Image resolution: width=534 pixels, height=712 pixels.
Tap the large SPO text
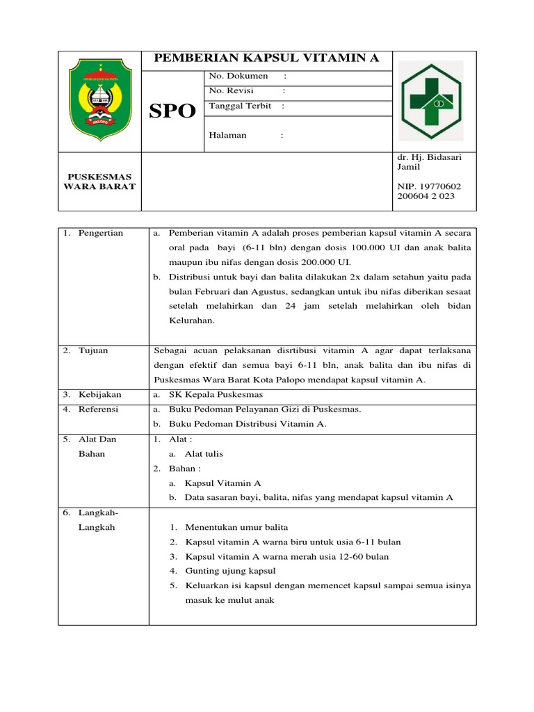[x=173, y=111]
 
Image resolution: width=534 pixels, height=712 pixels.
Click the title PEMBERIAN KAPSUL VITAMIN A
[x=266, y=59]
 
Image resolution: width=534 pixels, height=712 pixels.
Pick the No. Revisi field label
[x=232, y=91]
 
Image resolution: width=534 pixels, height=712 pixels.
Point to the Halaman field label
[x=227, y=135]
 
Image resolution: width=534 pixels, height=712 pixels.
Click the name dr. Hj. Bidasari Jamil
[x=428, y=162]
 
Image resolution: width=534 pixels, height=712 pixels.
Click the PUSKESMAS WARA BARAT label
[x=99, y=181]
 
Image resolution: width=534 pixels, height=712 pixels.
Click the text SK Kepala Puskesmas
[x=216, y=395]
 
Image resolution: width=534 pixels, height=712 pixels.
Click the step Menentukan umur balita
[x=236, y=527]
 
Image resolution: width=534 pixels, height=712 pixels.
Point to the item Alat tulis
[x=204, y=454]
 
